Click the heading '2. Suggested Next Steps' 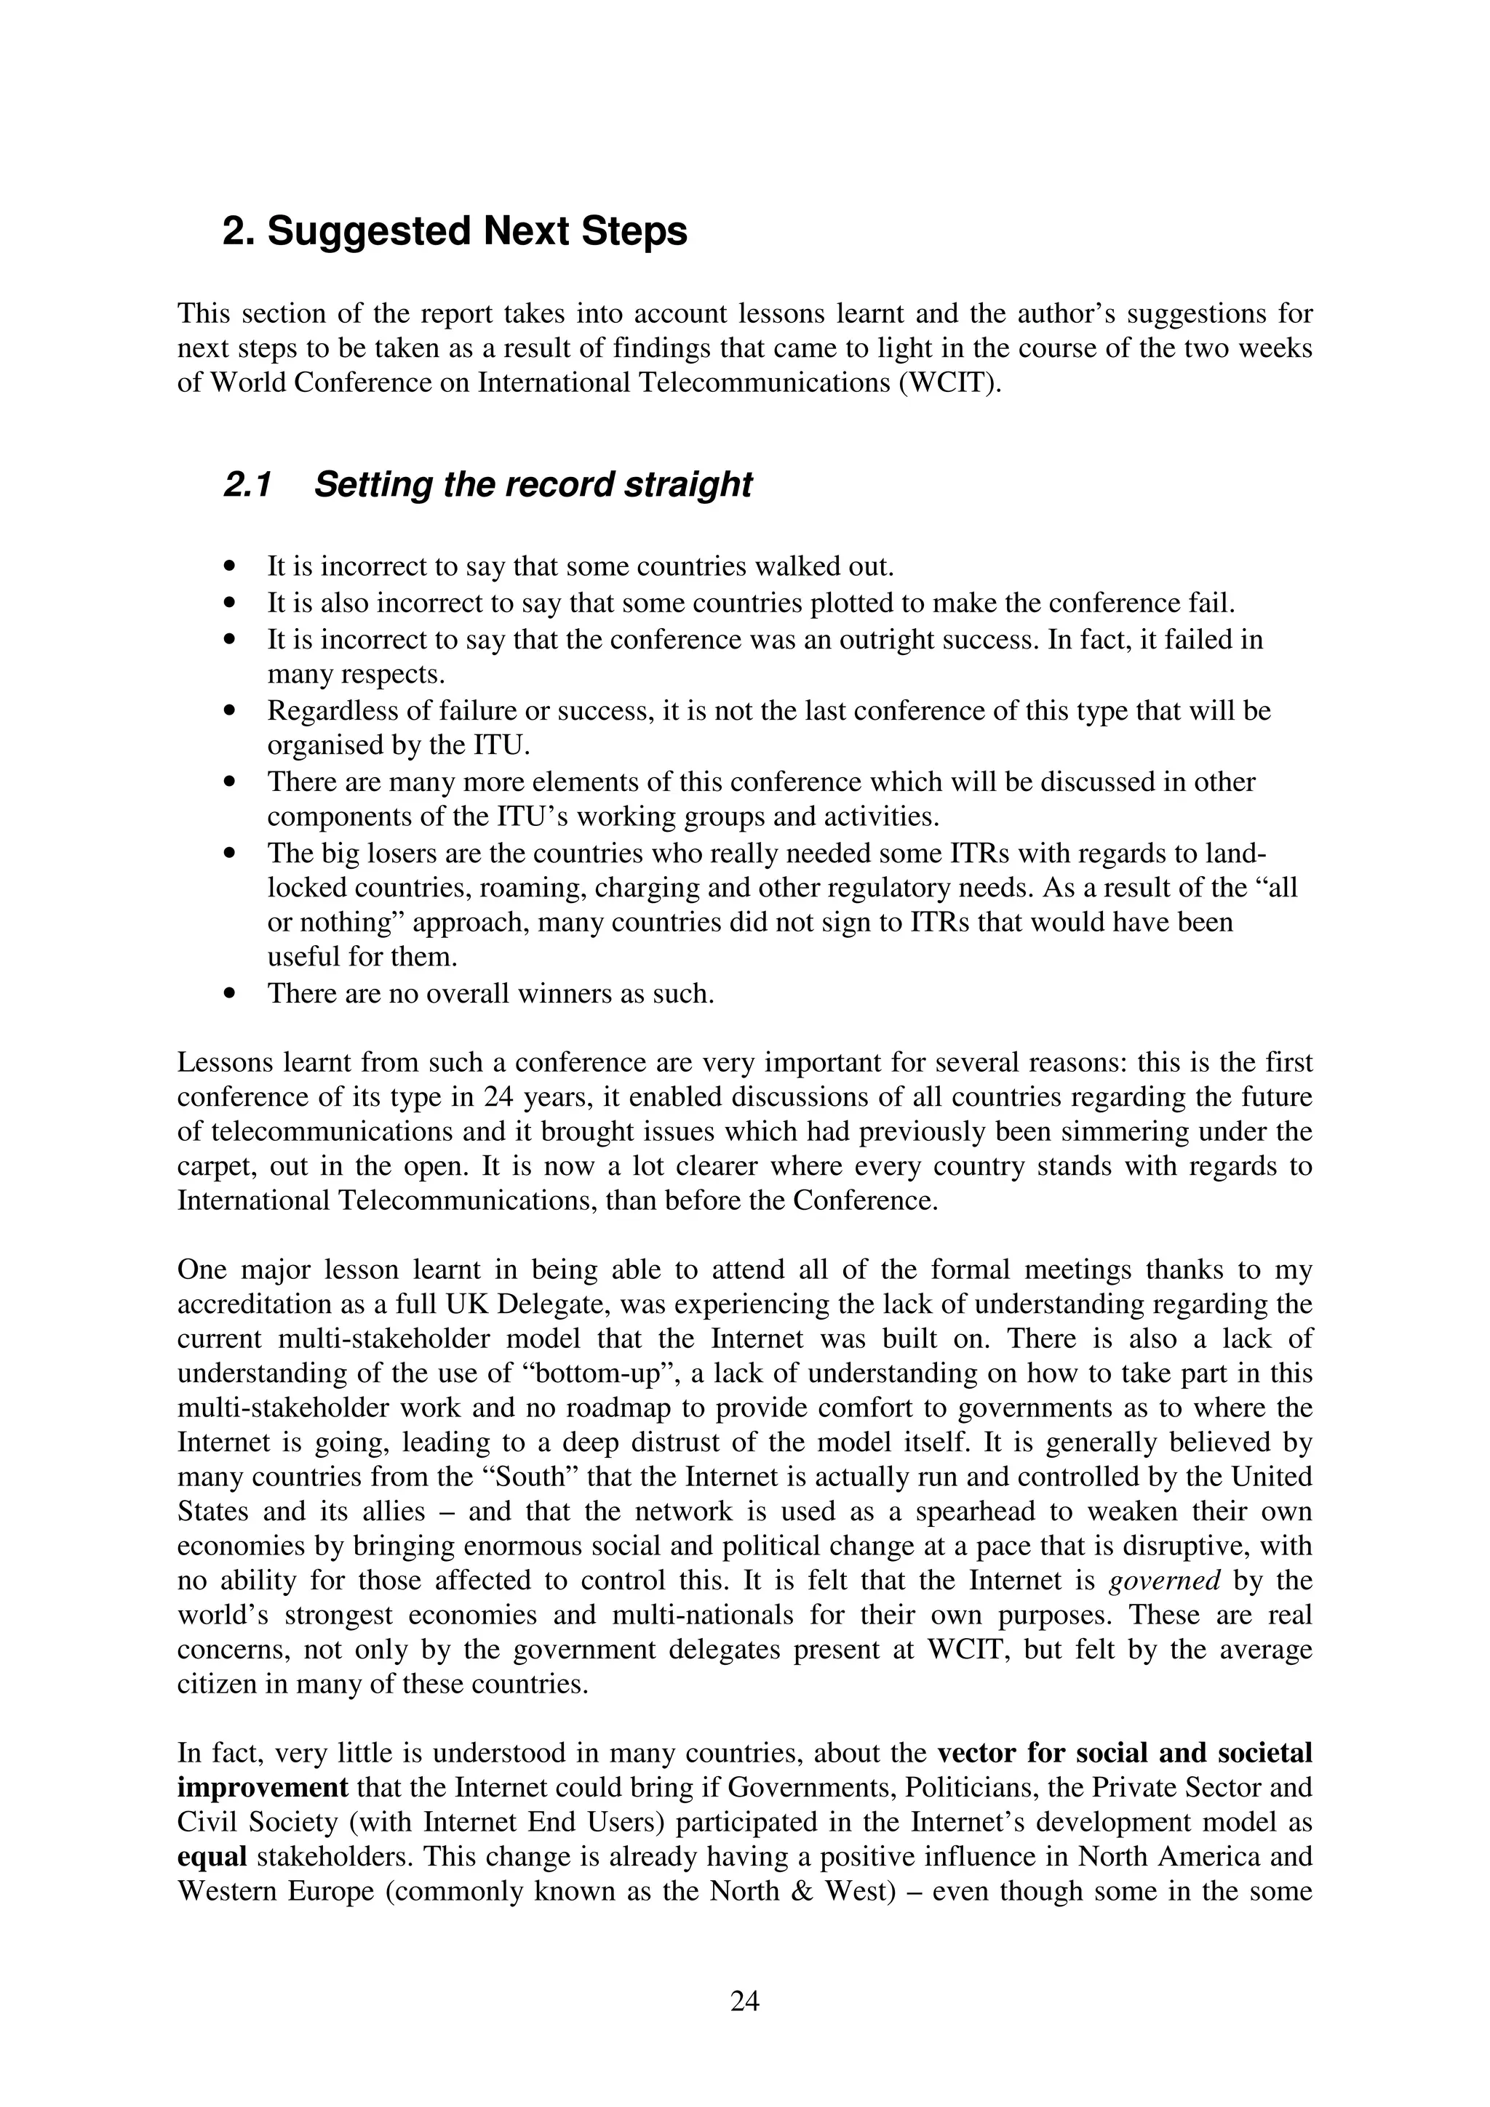455,231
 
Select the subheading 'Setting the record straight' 533,484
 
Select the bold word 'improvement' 263,1788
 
